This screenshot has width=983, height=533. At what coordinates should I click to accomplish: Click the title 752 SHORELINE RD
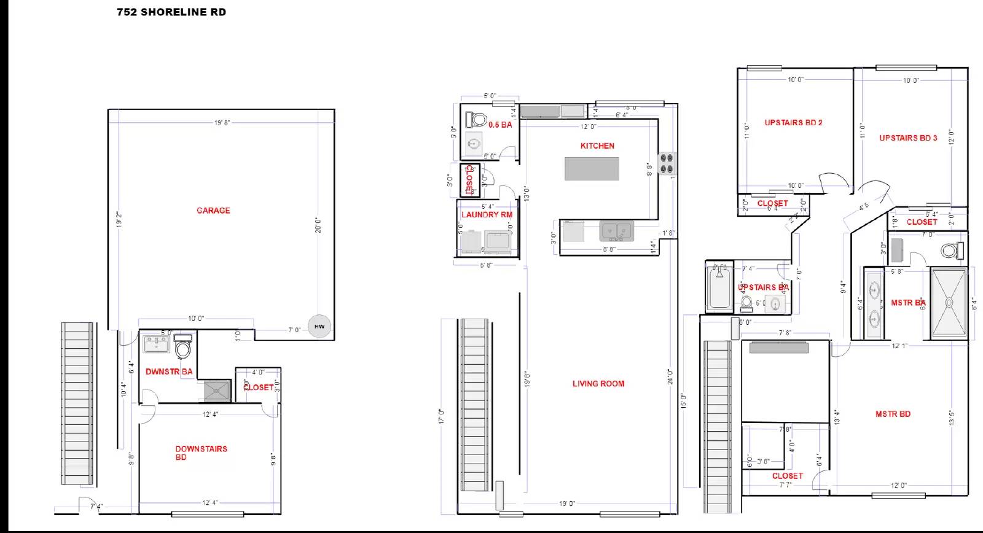click(171, 12)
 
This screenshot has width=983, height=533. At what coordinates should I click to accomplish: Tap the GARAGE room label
click(213, 211)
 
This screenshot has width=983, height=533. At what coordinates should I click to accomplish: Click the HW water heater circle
click(319, 327)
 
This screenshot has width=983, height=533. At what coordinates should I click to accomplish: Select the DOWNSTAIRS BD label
click(201, 453)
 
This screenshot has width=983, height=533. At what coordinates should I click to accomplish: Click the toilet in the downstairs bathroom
click(183, 348)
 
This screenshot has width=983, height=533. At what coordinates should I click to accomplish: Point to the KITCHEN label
click(597, 146)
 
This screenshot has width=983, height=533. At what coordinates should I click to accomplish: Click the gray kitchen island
click(592, 169)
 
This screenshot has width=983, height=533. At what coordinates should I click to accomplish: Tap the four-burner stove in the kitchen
click(667, 163)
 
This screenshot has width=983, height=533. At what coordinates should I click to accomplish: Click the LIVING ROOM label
click(598, 384)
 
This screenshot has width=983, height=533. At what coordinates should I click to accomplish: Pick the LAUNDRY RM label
click(487, 215)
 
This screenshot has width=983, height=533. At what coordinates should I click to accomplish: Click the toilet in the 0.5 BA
click(477, 119)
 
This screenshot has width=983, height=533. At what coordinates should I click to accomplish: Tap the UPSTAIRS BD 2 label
click(793, 123)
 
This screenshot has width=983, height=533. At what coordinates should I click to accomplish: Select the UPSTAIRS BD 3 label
click(908, 138)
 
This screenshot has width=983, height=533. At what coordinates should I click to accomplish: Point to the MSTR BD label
click(893, 414)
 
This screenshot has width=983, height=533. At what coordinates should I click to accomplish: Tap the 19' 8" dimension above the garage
click(222, 123)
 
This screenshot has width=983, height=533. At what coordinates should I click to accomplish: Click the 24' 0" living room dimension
click(670, 376)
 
